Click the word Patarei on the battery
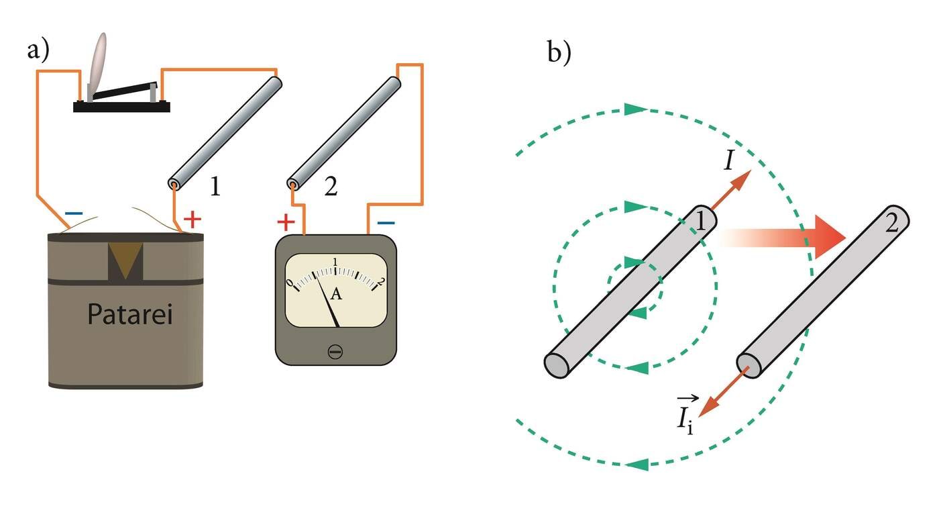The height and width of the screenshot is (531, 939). (129, 314)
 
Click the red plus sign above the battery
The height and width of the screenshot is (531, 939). (192, 218)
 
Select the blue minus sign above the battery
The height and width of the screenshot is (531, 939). (74, 214)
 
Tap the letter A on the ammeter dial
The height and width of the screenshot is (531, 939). (337, 293)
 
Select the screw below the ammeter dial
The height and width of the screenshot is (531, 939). (335, 351)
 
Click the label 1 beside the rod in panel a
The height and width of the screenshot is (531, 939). (215, 187)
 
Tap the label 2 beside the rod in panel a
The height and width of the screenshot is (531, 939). (330, 187)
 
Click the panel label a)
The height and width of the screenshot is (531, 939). (38, 50)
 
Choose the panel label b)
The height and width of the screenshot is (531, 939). (559, 52)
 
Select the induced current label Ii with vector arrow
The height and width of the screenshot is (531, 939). (685, 417)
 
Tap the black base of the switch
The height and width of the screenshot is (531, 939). (121, 107)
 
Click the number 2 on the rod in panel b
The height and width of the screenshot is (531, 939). (891, 223)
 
